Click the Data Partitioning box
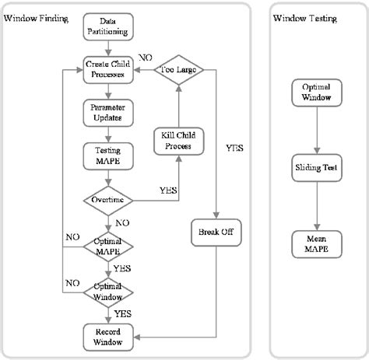click(109, 26)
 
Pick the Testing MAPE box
click(109, 152)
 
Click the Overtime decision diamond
click(109, 199)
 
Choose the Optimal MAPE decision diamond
click(109, 246)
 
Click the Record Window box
click(109, 335)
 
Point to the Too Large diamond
click(178, 69)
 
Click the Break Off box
click(214, 231)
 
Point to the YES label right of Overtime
click(167, 190)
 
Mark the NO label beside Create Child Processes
click(145, 57)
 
